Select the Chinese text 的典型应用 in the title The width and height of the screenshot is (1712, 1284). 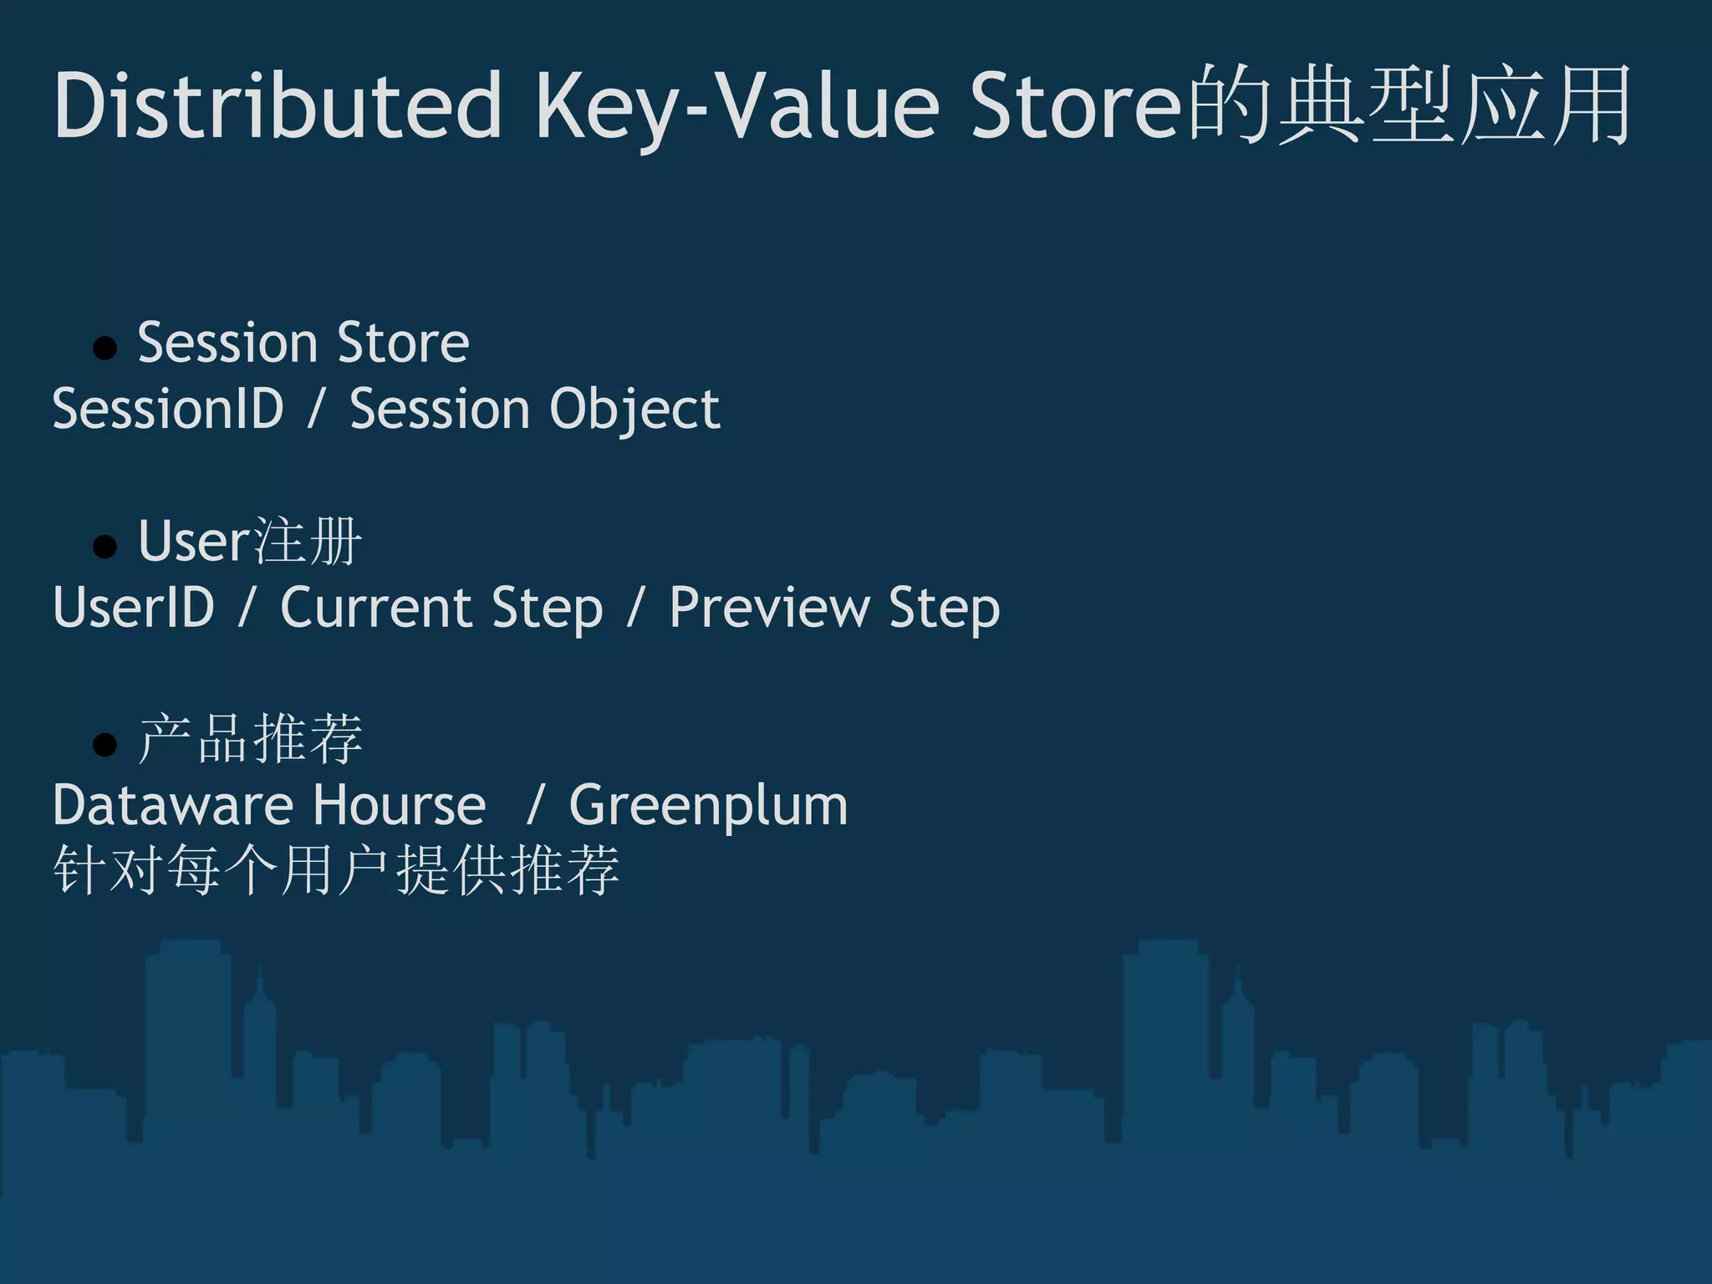(1409, 106)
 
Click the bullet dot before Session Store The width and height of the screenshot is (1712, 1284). (105, 347)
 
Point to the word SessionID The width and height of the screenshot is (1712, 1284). (168, 410)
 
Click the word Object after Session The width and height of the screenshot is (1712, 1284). (634, 410)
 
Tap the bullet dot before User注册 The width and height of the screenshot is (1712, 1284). (105, 546)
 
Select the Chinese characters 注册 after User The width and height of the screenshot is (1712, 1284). (308, 542)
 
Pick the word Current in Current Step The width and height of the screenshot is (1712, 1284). (374, 608)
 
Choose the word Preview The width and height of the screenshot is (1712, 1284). (769, 608)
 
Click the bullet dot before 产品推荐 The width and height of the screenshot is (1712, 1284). (105, 744)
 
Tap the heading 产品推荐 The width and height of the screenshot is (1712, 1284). (251, 739)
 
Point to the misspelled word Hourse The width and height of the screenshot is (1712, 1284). (400, 805)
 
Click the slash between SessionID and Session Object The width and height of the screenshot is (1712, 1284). (316, 410)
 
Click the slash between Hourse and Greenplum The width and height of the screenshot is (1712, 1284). (535, 805)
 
